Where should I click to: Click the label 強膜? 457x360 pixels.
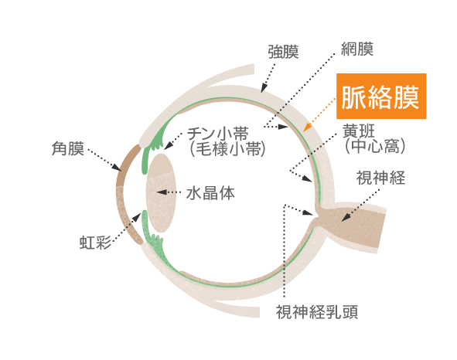tap(283, 52)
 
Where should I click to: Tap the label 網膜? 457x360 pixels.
tap(357, 49)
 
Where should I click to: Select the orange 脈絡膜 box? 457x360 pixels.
tap(381, 96)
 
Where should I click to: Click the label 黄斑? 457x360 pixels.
tap(359, 131)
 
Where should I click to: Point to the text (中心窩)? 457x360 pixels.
tap(375, 146)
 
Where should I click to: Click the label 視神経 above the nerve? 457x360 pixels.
tap(380, 178)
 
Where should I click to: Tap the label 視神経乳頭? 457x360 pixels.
tap(317, 312)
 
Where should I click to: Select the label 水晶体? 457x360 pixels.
tap(210, 193)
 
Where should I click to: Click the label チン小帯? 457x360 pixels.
tap(217, 134)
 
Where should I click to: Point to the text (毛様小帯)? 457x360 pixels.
tap(227, 149)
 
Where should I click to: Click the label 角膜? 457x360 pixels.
tap(67, 148)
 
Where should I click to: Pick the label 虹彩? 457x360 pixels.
tap(95, 243)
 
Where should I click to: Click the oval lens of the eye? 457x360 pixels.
tap(161, 193)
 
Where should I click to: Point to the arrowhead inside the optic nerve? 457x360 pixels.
tap(346, 217)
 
